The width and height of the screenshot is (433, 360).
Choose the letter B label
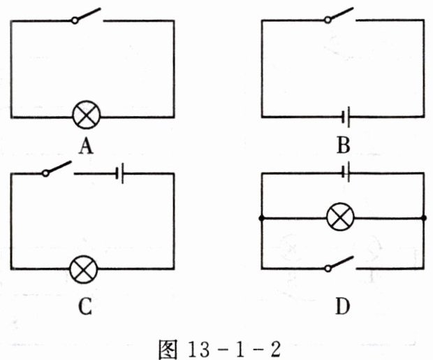tap(343, 146)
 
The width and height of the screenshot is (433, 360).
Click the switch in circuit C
tap(57, 168)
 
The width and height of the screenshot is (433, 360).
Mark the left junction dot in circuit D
tap(260, 219)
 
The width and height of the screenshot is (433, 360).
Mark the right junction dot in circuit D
tap(424, 219)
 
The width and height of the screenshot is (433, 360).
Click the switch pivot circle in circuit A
tap(75, 21)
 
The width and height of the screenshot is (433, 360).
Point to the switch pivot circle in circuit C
tap(44, 173)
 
